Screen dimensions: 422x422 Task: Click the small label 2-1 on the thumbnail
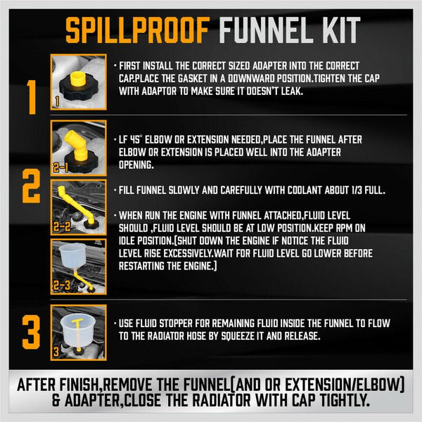[61, 168]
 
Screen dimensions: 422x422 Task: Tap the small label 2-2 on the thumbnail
[61, 228]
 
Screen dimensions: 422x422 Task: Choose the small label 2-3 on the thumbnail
[61, 288]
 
